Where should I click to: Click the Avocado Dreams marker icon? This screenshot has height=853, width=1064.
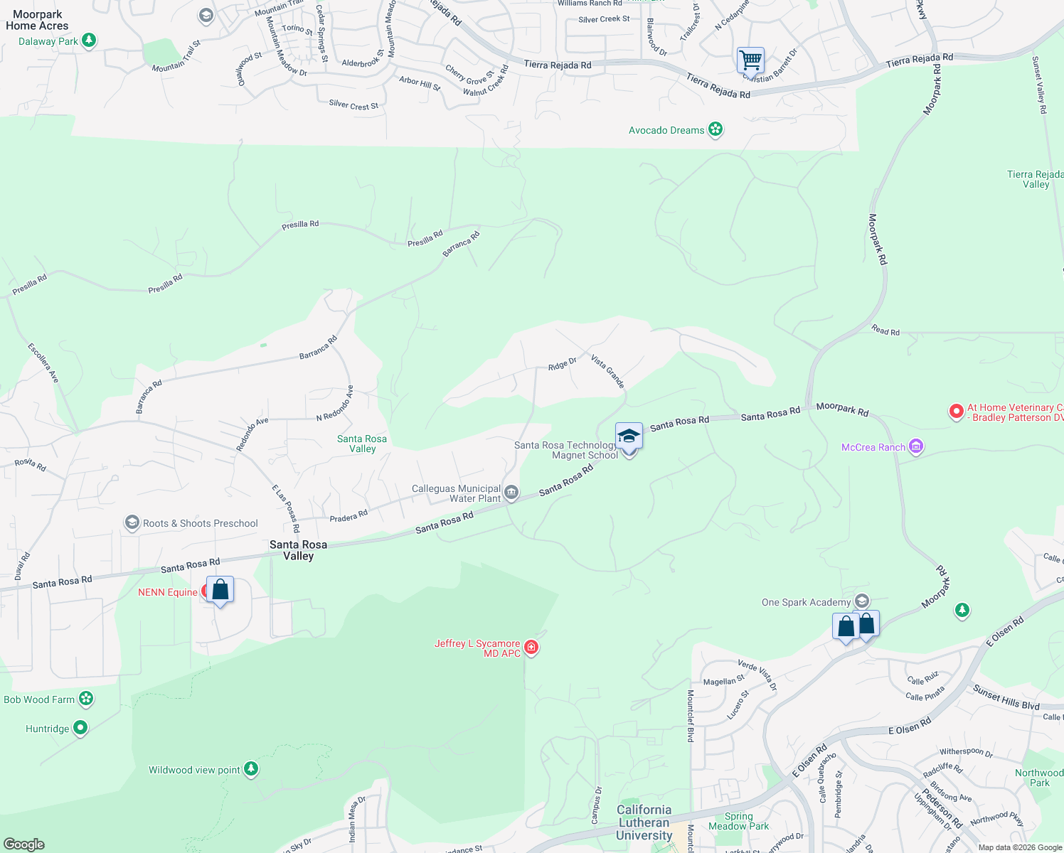point(715,129)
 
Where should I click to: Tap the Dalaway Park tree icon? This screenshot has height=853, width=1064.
point(89,41)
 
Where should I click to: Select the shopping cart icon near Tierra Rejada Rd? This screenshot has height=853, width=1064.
point(750,61)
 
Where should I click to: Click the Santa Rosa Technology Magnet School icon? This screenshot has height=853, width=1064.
point(629,436)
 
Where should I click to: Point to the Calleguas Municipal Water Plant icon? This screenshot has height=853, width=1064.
point(511,492)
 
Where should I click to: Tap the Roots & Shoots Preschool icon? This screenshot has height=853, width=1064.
point(132,523)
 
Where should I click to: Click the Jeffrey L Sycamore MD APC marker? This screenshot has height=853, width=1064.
point(531,647)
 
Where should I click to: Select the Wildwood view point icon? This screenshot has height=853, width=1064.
point(250,768)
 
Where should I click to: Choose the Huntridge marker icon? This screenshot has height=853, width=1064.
point(80,728)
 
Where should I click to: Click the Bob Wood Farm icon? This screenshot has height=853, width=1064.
point(86,699)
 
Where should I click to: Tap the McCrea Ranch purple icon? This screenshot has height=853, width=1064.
point(916,446)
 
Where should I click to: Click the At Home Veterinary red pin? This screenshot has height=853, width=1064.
point(957,412)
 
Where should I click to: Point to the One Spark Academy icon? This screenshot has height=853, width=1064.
point(862,601)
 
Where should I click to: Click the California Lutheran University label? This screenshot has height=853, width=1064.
point(644,822)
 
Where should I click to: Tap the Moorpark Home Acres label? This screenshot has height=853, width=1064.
point(37,20)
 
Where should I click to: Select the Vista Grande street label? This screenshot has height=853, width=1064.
point(607,372)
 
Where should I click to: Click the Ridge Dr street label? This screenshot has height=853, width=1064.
point(562,364)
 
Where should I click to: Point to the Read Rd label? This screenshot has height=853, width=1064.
point(885,331)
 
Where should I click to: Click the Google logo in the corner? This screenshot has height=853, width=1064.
point(23,844)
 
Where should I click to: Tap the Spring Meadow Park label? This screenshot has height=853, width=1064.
point(738,821)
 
